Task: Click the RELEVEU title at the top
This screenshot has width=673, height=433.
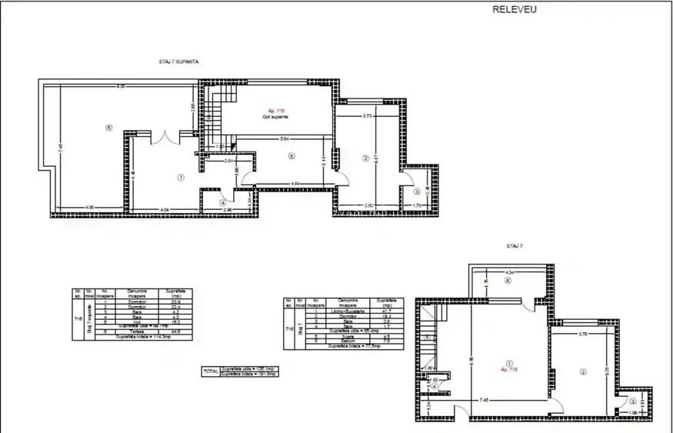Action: [515, 10]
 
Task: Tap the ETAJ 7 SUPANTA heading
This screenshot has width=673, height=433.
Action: [174, 62]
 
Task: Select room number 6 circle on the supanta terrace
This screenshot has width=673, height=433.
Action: [109, 128]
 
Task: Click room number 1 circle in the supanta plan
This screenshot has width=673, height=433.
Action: [181, 176]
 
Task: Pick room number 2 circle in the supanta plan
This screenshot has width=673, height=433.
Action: [365, 159]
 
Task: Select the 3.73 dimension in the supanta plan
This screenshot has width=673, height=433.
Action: [367, 116]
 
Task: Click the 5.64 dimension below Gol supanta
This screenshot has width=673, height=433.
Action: [284, 139]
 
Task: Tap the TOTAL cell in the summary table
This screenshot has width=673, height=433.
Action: [209, 370]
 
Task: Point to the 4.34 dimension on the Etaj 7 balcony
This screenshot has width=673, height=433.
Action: [509, 273]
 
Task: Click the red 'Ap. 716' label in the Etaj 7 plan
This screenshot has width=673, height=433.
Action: [509, 370]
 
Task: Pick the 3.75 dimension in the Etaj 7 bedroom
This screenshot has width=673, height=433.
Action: [582, 334]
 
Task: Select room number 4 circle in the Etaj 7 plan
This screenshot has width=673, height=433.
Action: [435, 387]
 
